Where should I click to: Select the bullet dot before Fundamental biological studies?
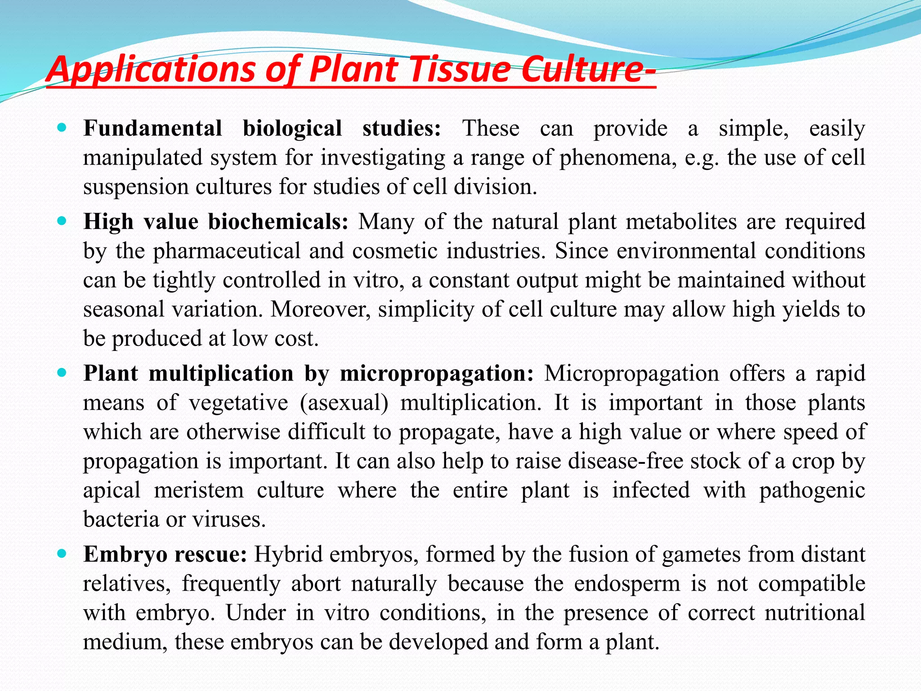pos(63,128)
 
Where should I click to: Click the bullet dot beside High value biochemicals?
pos(63,221)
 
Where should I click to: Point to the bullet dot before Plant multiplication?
pos(63,373)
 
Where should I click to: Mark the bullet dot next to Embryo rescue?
pos(63,554)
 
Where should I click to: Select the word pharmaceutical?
pos(227,251)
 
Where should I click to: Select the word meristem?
pos(199,490)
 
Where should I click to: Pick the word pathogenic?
pos(812,490)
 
